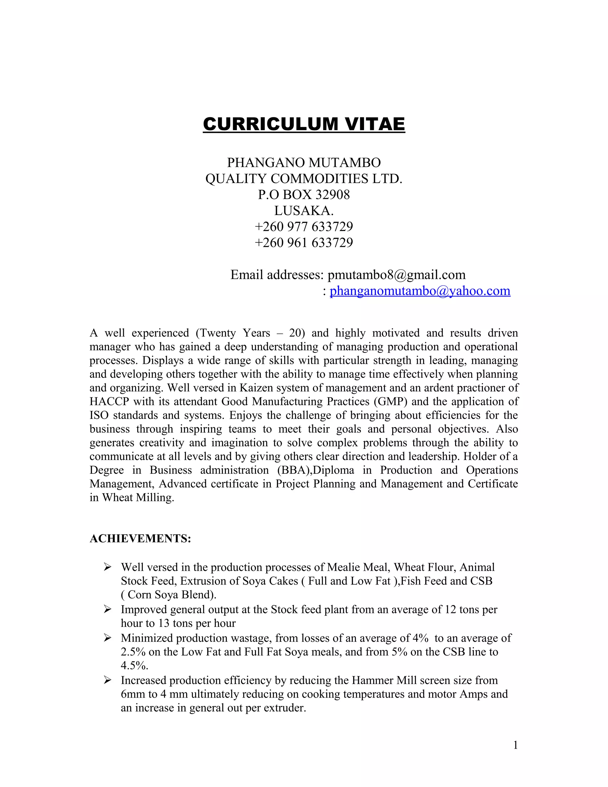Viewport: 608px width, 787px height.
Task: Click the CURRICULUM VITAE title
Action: [x=304, y=124]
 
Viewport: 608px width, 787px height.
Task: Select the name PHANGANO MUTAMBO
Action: [x=304, y=163]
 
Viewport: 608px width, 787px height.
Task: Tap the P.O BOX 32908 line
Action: [x=304, y=195]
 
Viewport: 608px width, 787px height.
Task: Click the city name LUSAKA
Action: [x=304, y=211]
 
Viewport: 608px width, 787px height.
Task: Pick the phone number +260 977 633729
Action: [x=304, y=227]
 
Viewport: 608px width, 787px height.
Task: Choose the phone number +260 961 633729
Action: [x=304, y=243]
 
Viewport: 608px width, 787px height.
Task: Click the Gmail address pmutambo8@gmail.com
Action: [x=396, y=275]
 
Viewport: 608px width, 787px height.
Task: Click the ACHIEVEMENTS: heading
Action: [x=140, y=539]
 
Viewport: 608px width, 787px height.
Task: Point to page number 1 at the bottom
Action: [x=515, y=745]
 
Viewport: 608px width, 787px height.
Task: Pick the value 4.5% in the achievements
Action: [x=134, y=666]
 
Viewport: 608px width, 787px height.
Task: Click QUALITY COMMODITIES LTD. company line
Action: [x=304, y=179]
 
